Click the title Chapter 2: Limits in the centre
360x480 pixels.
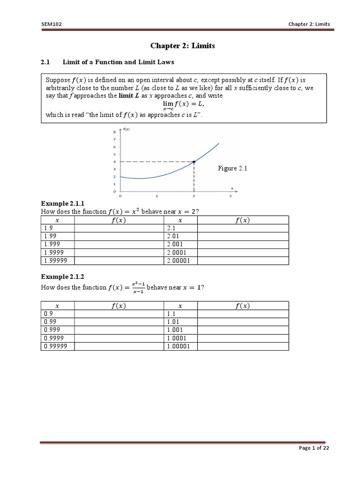point(180,45)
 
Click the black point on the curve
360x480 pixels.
point(194,161)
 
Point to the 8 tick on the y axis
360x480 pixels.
point(115,132)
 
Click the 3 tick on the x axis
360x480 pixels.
point(230,196)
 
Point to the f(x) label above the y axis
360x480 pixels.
point(126,128)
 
